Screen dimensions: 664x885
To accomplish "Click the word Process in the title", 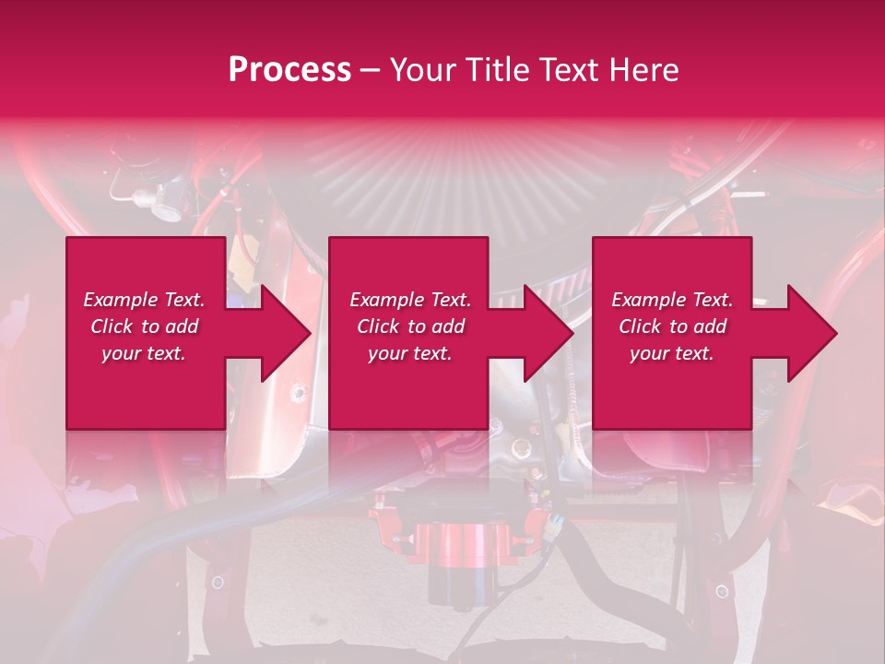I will tap(289, 70).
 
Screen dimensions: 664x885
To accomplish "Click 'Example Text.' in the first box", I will tap(144, 300).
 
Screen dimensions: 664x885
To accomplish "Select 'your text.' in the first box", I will tap(144, 353).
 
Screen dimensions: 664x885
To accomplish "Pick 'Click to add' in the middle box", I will tap(410, 326).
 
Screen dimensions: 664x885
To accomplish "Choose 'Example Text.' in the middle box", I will tap(410, 300).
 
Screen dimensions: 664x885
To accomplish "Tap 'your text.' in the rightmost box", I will tap(672, 353).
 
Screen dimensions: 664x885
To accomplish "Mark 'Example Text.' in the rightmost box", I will tap(672, 300).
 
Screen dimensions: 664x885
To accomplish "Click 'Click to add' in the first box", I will tap(144, 326).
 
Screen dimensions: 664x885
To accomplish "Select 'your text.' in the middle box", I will tap(410, 353).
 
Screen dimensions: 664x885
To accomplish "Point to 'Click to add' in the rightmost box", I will tap(672, 326).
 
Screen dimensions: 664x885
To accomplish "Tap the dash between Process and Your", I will tap(371, 71).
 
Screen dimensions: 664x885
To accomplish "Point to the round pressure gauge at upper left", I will tap(167, 208).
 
